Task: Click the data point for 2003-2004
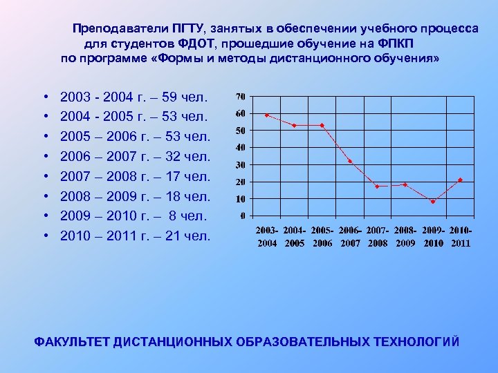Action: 267,115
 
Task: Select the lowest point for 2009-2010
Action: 433,202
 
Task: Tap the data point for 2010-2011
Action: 460,180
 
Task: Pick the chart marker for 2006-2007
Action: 350,161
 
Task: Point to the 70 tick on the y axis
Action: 240,95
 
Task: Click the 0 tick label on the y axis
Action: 242,216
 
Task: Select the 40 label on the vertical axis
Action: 240,147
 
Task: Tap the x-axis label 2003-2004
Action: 267,236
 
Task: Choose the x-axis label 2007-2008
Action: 378,236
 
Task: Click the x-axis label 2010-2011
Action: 460,236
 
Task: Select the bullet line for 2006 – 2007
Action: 135,158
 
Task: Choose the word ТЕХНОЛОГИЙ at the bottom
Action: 416,343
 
